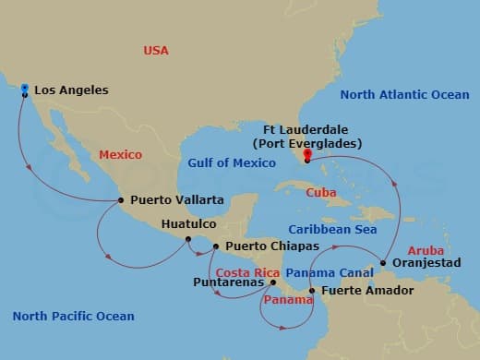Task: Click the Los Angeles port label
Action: click(71, 90)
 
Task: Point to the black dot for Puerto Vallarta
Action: click(121, 199)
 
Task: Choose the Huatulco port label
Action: click(188, 224)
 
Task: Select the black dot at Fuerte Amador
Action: click(312, 291)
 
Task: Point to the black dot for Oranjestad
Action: click(383, 263)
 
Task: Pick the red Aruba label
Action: click(425, 250)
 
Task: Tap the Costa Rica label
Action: click(246, 273)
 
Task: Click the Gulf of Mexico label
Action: click(232, 163)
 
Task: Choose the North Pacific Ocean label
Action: click(73, 317)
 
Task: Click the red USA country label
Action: click(156, 51)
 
